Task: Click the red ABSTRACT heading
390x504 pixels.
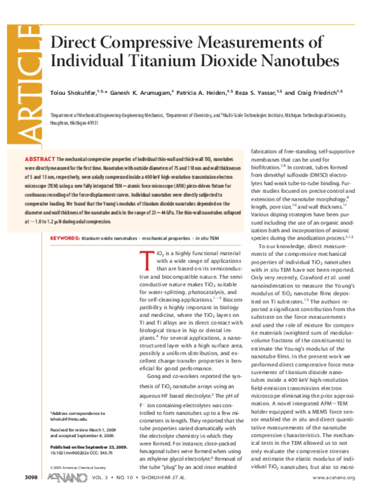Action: click(x=39, y=158)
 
